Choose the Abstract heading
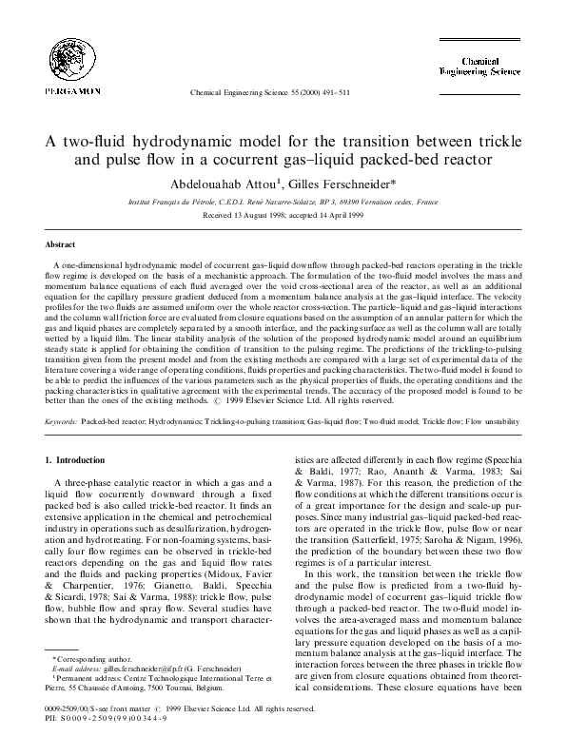[x=60, y=244]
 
